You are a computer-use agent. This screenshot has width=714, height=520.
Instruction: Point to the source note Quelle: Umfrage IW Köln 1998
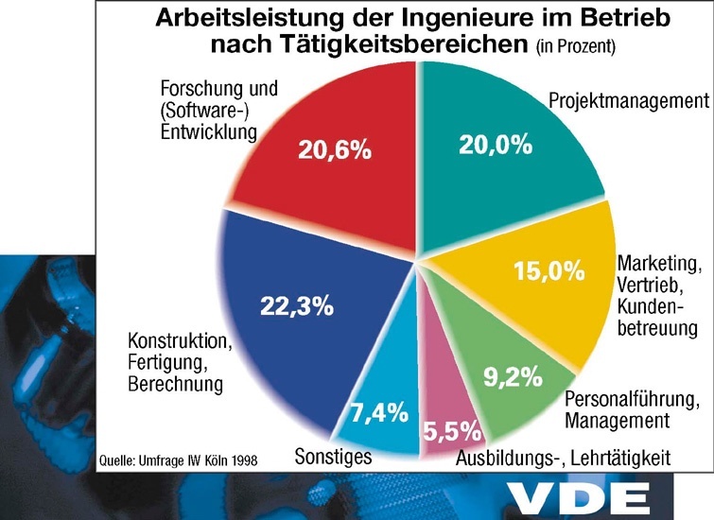pos(177,460)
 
